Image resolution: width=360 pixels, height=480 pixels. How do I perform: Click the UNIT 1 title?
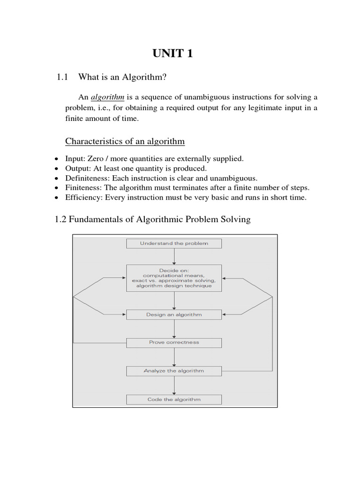(x=172, y=54)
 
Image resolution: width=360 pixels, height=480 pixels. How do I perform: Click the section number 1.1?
(x=62, y=77)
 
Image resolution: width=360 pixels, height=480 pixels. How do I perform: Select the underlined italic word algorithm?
(x=107, y=97)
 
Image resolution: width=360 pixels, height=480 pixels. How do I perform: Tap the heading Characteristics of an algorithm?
(x=125, y=141)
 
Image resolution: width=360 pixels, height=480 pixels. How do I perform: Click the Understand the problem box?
(x=174, y=243)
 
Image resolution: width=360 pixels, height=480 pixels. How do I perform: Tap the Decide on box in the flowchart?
(x=174, y=278)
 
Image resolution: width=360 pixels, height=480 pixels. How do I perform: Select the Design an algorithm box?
(x=174, y=315)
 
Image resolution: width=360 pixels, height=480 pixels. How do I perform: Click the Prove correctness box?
(x=174, y=342)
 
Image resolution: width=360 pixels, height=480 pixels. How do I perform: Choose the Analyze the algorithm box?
(x=174, y=371)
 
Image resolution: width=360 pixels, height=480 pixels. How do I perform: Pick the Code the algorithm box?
(x=174, y=399)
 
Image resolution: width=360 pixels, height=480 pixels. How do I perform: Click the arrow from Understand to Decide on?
(x=174, y=256)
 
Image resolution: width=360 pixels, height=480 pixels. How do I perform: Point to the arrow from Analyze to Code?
(x=174, y=385)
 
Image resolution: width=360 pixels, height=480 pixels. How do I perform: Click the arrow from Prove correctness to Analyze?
(x=174, y=357)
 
